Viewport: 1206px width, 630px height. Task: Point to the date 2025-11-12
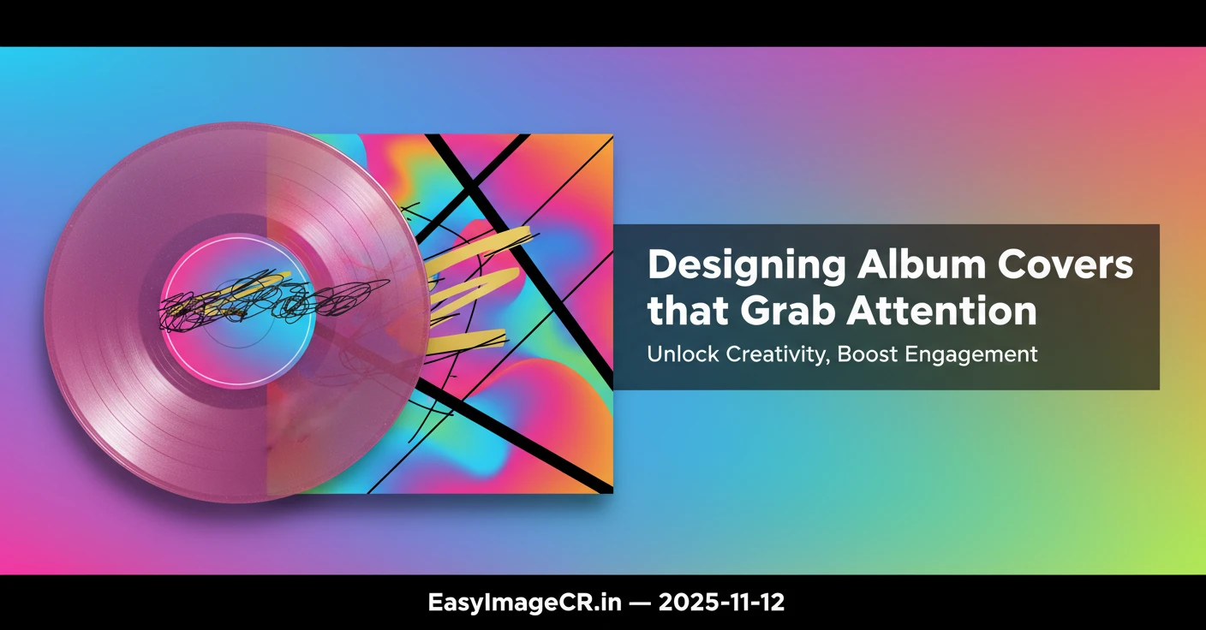coord(721,603)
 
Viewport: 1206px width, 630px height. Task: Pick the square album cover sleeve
coord(531,411)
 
